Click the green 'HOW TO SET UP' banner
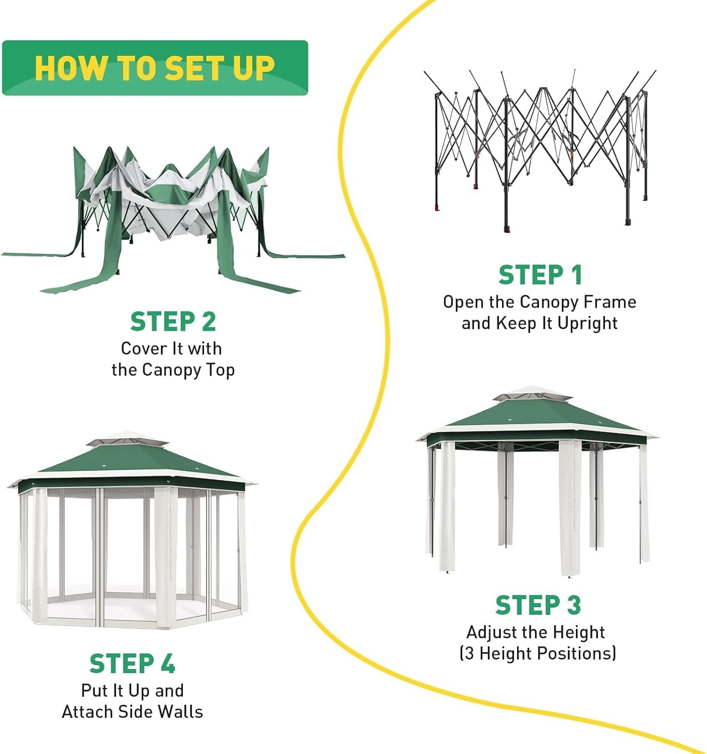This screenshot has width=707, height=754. tap(155, 68)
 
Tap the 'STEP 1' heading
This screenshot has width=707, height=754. tap(540, 275)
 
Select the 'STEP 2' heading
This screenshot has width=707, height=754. tap(173, 322)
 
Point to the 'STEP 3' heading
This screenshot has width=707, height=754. tap(538, 605)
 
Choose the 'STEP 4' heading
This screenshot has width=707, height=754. tap(132, 664)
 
